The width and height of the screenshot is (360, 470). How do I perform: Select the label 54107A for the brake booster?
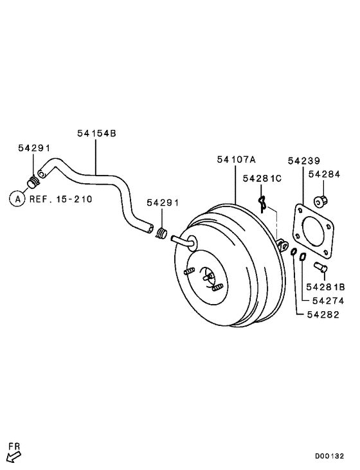point(236,159)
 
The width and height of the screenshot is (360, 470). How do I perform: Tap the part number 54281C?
point(262,178)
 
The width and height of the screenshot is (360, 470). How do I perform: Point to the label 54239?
point(303,160)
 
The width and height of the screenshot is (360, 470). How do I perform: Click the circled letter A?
point(17,199)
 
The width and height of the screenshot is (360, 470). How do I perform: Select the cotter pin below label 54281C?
point(262,204)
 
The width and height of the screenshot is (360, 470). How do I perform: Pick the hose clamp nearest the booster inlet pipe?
point(163,234)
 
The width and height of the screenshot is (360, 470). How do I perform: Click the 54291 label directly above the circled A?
point(33,148)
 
